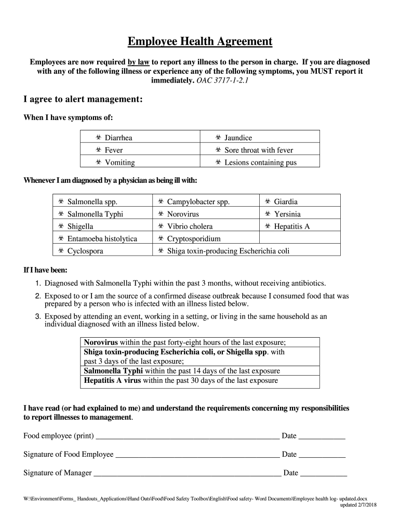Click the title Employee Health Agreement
point(200,42)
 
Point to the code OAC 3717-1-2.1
point(222,82)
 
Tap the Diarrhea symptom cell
point(118,138)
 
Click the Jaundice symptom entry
point(238,138)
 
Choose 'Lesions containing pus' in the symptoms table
point(260,163)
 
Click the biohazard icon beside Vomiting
point(98,163)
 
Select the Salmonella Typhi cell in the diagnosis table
point(95,214)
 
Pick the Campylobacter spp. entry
point(198,202)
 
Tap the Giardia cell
point(286,202)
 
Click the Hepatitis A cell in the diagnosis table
point(291,227)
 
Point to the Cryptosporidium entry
point(194,239)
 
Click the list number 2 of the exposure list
point(38,296)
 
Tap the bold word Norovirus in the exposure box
point(101,343)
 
